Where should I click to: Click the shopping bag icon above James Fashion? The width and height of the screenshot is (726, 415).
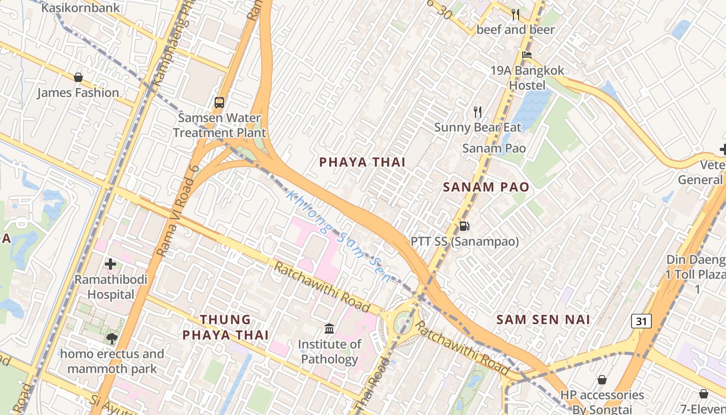pos(78,77)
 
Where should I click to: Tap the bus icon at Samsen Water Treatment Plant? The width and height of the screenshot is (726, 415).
pos(219,102)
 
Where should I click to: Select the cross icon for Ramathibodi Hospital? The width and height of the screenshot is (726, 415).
pos(110,264)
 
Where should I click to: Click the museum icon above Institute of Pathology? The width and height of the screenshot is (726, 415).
pos(329,328)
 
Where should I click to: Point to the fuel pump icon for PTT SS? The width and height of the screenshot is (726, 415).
pos(465,226)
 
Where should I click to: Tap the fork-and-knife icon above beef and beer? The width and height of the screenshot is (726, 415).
pos(515,15)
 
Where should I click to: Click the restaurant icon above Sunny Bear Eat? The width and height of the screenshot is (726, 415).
pos(478,112)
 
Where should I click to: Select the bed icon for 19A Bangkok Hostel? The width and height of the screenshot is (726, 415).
pos(527,55)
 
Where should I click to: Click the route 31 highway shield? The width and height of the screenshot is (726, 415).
pos(641,322)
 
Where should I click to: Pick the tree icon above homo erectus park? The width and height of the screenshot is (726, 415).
pos(111,339)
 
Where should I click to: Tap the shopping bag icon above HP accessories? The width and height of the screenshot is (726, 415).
pos(602,380)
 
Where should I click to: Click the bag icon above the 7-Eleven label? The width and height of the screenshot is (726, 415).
pos(704,394)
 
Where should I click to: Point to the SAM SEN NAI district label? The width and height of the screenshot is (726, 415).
pos(543,320)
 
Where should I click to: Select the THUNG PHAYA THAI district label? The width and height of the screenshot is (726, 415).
pos(226,327)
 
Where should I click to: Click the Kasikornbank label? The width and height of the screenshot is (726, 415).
pos(80,8)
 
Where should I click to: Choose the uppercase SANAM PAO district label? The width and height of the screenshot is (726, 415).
pos(486,187)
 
